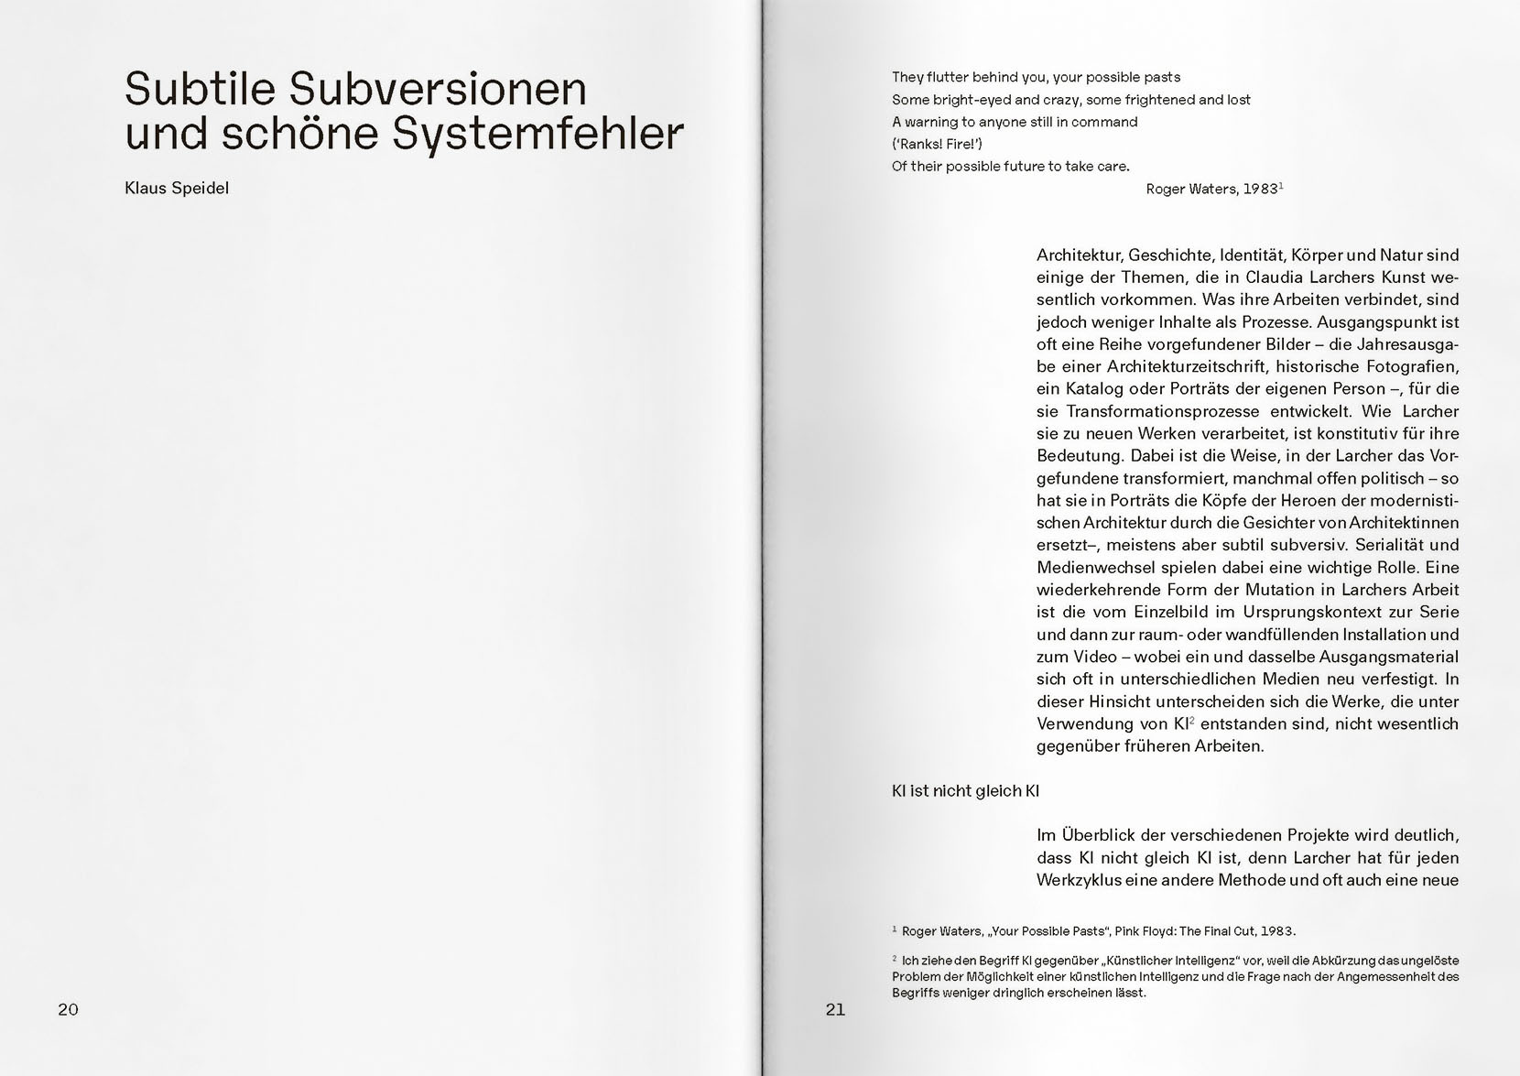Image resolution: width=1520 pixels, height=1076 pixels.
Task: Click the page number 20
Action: coord(69,1009)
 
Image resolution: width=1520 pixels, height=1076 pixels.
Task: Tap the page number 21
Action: coord(835,1009)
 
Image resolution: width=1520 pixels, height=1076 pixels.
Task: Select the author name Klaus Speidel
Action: coord(177,189)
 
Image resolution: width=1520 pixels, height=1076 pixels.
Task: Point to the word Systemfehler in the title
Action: coord(537,134)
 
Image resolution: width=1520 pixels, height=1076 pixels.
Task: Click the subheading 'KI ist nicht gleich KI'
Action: coord(965,790)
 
